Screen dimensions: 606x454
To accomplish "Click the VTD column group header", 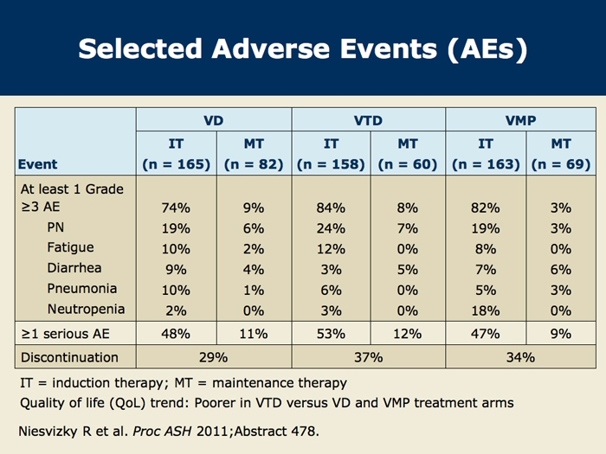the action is click(x=368, y=120).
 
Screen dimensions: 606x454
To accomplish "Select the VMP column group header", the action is click(x=520, y=120).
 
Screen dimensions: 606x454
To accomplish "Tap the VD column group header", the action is click(x=213, y=120).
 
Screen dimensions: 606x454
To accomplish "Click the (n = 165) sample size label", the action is click(x=177, y=164).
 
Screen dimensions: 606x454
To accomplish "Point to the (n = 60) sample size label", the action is click(x=408, y=164).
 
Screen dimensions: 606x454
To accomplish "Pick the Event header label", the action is click(x=37, y=164).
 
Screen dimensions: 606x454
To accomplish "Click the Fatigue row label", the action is click(x=70, y=247).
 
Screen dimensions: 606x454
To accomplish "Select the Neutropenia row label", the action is click(x=86, y=309).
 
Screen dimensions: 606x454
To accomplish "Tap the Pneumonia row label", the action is click(x=82, y=288).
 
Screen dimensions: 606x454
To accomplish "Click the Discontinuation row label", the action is click(x=69, y=357).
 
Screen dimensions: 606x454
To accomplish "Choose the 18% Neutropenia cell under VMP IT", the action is click(x=486, y=310).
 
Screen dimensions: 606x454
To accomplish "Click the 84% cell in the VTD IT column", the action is click(x=331, y=208).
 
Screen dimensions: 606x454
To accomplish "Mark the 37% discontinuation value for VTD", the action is click(x=368, y=357).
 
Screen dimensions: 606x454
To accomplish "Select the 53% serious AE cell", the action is click(x=331, y=334).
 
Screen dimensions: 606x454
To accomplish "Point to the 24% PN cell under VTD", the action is click(x=331, y=228).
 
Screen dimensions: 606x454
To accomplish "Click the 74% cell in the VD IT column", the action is click(x=176, y=208).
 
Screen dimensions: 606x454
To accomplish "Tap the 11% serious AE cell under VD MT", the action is click(x=254, y=334).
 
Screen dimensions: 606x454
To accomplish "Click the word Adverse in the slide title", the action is click(x=270, y=49).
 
